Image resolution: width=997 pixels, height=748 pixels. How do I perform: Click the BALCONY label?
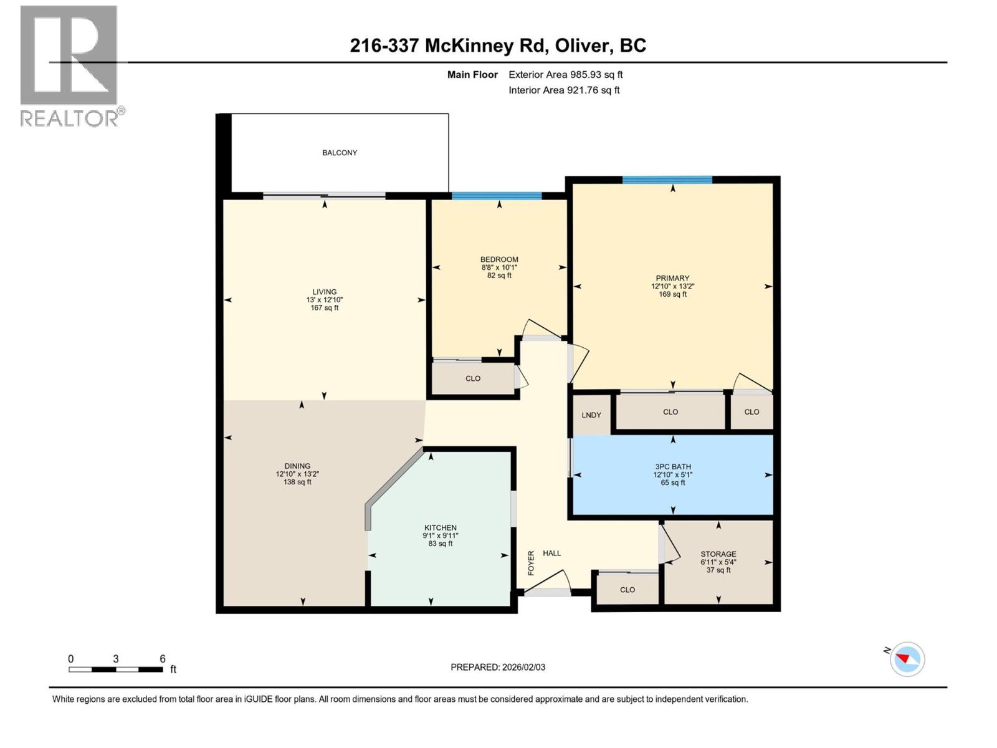click(x=340, y=153)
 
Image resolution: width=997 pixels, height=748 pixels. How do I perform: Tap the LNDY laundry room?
click(x=591, y=415)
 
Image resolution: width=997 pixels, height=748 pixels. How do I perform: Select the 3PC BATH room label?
click(x=672, y=467)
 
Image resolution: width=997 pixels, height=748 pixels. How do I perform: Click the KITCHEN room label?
click(x=441, y=528)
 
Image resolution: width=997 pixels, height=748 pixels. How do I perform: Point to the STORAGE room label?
click(x=718, y=554)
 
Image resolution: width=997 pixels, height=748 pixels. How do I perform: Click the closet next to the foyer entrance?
click(x=627, y=590)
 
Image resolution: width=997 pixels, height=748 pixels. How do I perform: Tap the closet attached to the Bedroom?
click(x=473, y=378)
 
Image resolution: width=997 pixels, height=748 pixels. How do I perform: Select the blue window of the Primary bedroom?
click(x=667, y=180)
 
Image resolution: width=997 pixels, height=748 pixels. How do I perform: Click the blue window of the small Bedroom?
click(x=497, y=196)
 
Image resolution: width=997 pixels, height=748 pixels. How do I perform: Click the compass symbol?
click(x=907, y=659)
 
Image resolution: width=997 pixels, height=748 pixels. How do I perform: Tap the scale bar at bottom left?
click(x=116, y=669)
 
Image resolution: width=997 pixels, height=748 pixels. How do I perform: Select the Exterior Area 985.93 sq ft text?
click(x=565, y=75)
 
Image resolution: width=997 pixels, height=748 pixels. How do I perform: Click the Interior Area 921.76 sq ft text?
click(x=564, y=90)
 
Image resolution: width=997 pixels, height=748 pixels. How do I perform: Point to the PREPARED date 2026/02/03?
click(x=498, y=667)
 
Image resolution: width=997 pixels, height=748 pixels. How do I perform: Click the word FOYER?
click(x=532, y=562)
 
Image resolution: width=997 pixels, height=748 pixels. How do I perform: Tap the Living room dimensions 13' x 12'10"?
click(x=324, y=300)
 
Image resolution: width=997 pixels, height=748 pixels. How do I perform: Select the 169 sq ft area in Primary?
click(x=672, y=294)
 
